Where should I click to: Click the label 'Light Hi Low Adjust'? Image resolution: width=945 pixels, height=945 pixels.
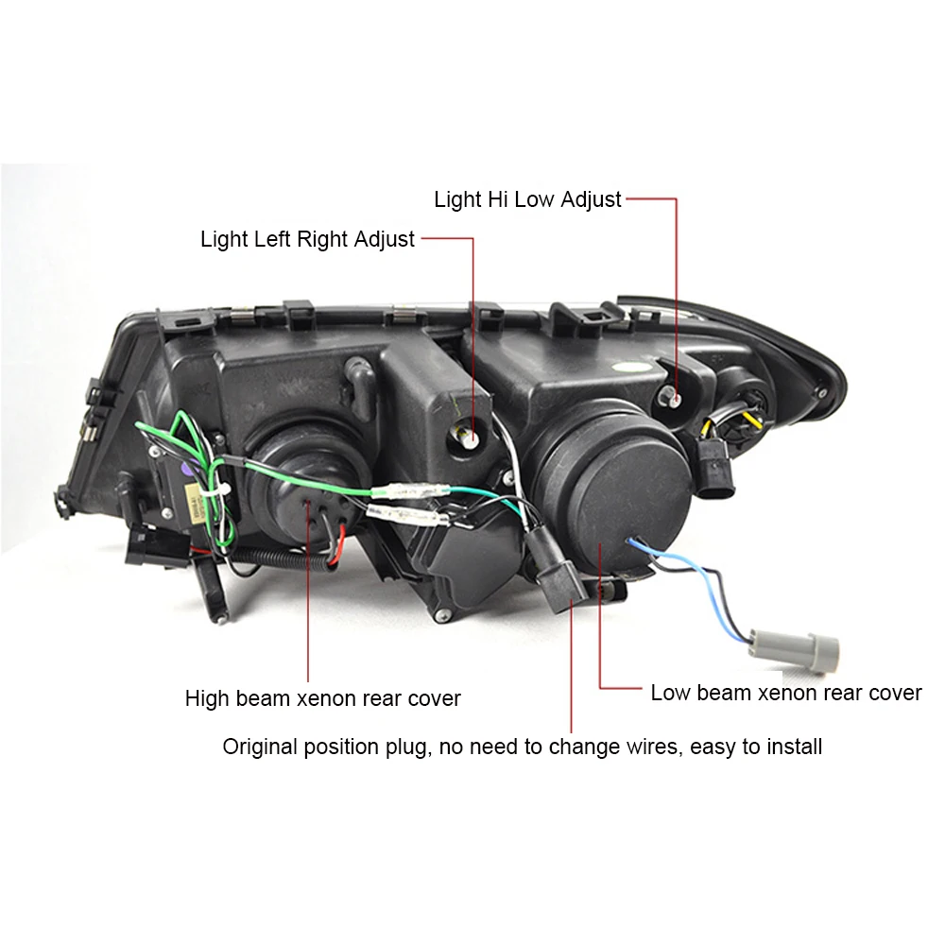(527, 199)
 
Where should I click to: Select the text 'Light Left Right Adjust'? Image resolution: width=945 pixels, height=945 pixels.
(307, 239)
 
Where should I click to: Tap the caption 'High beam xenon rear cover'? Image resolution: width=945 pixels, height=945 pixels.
(322, 699)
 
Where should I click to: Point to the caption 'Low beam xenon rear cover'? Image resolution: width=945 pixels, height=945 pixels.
(785, 693)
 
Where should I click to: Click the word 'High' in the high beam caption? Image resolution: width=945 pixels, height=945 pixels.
(207, 699)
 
